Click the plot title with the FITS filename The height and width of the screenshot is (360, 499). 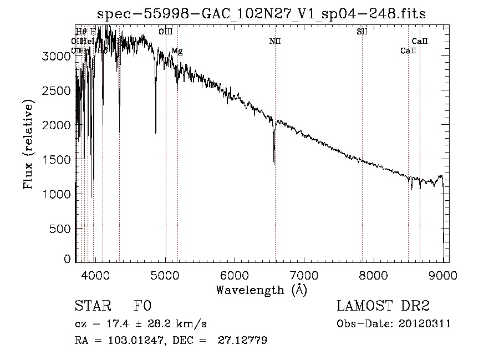pyautogui.click(x=262, y=14)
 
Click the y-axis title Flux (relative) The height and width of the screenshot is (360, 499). pyautogui.click(x=28, y=144)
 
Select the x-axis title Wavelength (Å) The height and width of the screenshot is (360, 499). pyautogui.click(x=261, y=290)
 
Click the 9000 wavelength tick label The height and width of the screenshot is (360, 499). pyautogui.click(x=443, y=275)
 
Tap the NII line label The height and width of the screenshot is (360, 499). pyautogui.click(x=275, y=42)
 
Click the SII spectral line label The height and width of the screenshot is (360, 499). pyautogui.click(x=362, y=32)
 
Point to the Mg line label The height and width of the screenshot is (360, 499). pyautogui.click(x=177, y=51)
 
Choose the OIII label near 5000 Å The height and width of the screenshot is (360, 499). pyautogui.click(x=165, y=32)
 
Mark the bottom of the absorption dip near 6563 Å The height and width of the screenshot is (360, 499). pyautogui.click(x=274, y=164)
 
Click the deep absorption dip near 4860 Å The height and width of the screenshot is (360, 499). pyautogui.click(x=156, y=132)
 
